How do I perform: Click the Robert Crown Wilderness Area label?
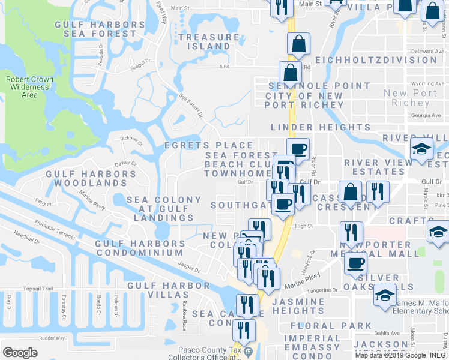[x=29, y=87]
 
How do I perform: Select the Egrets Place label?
[x=209, y=145]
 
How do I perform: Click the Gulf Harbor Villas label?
[x=168, y=287]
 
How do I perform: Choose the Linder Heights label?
[x=321, y=127]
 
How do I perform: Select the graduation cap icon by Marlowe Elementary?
[x=384, y=295]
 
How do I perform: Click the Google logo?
[x=20, y=353]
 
